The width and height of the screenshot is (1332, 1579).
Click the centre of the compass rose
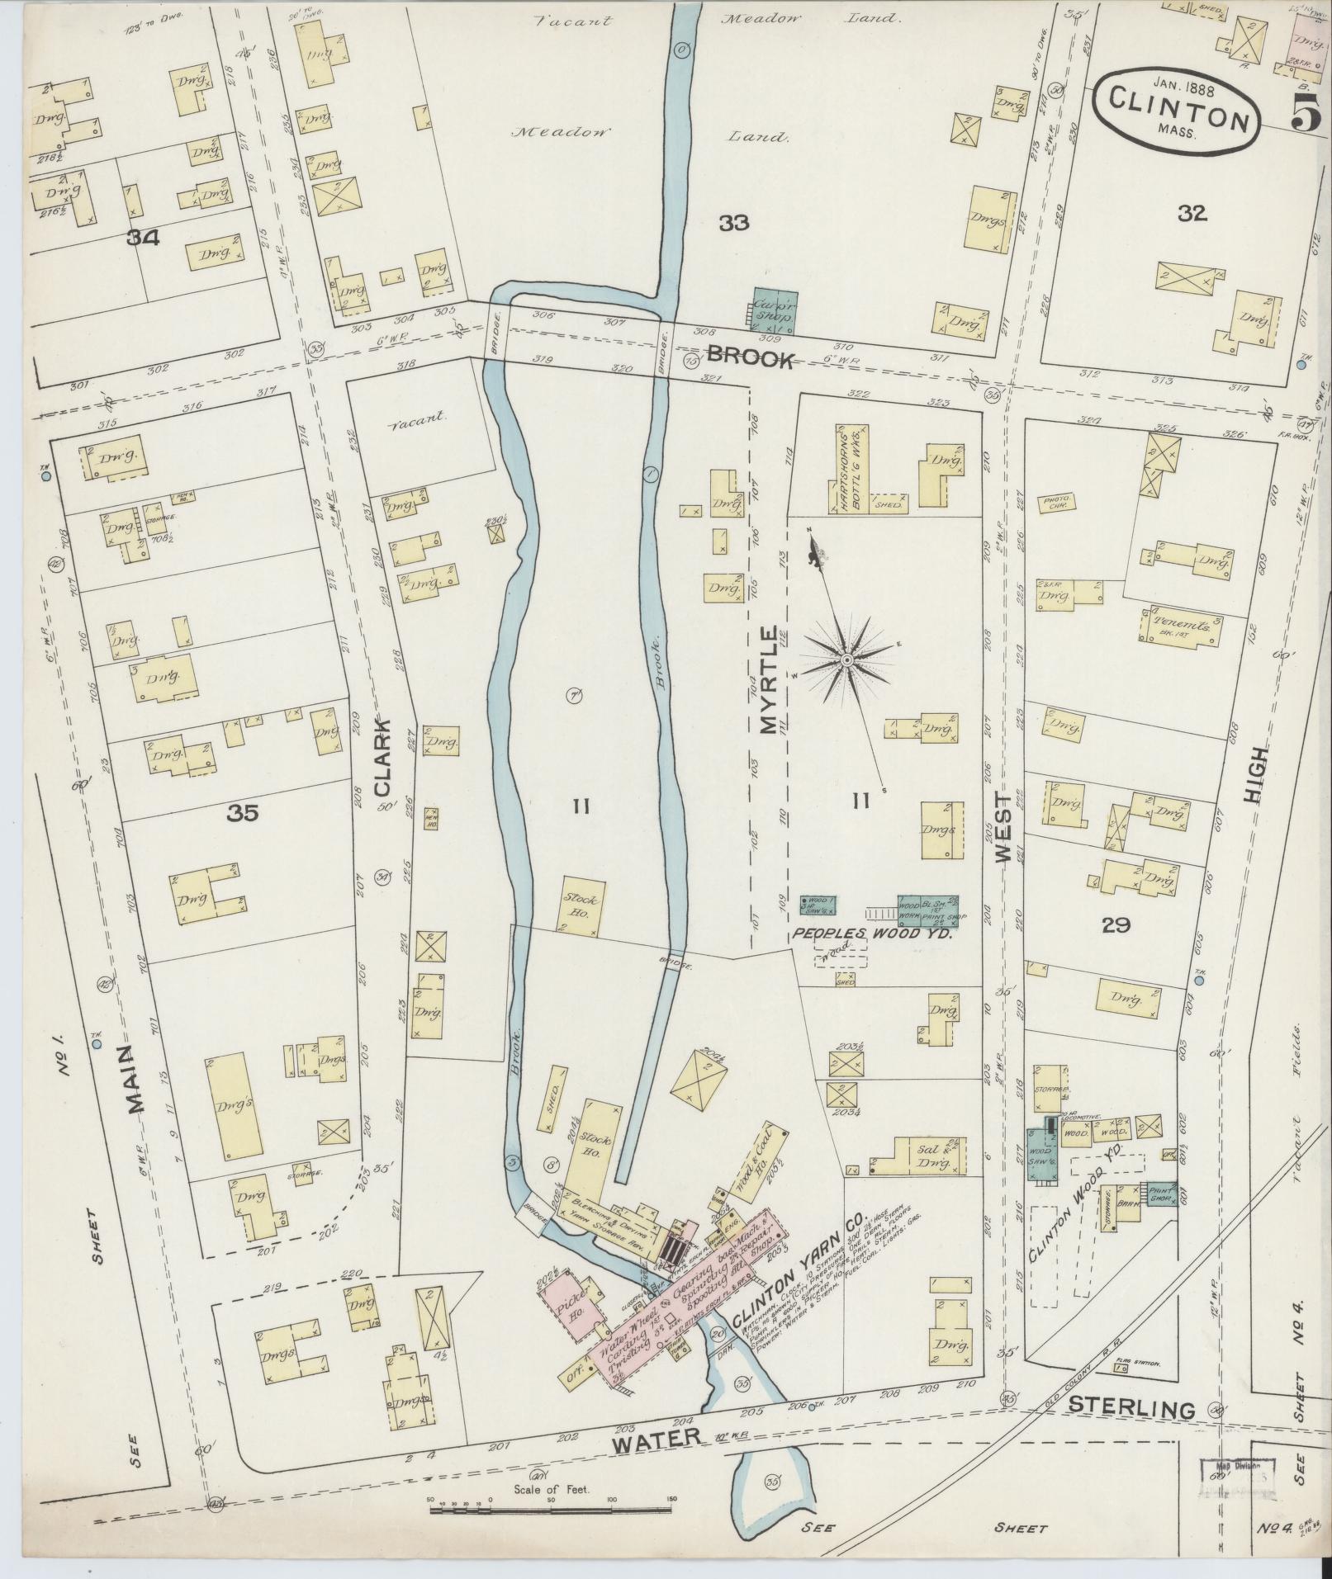click(847, 660)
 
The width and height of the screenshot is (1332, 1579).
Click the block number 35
click(244, 813)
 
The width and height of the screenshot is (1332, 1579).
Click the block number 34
click(143, 239)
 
